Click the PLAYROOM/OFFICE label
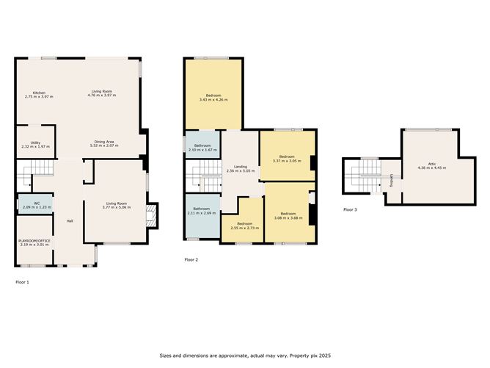point(33,240)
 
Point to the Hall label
point(70,221)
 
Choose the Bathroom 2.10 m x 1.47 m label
point(202,147)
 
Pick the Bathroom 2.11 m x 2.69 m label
point(202,209)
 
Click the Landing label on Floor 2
point(240,167)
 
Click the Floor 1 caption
point(22,281)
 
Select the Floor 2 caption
point(191,259)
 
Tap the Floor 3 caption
point(350,209)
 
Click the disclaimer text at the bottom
point(244,356)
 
